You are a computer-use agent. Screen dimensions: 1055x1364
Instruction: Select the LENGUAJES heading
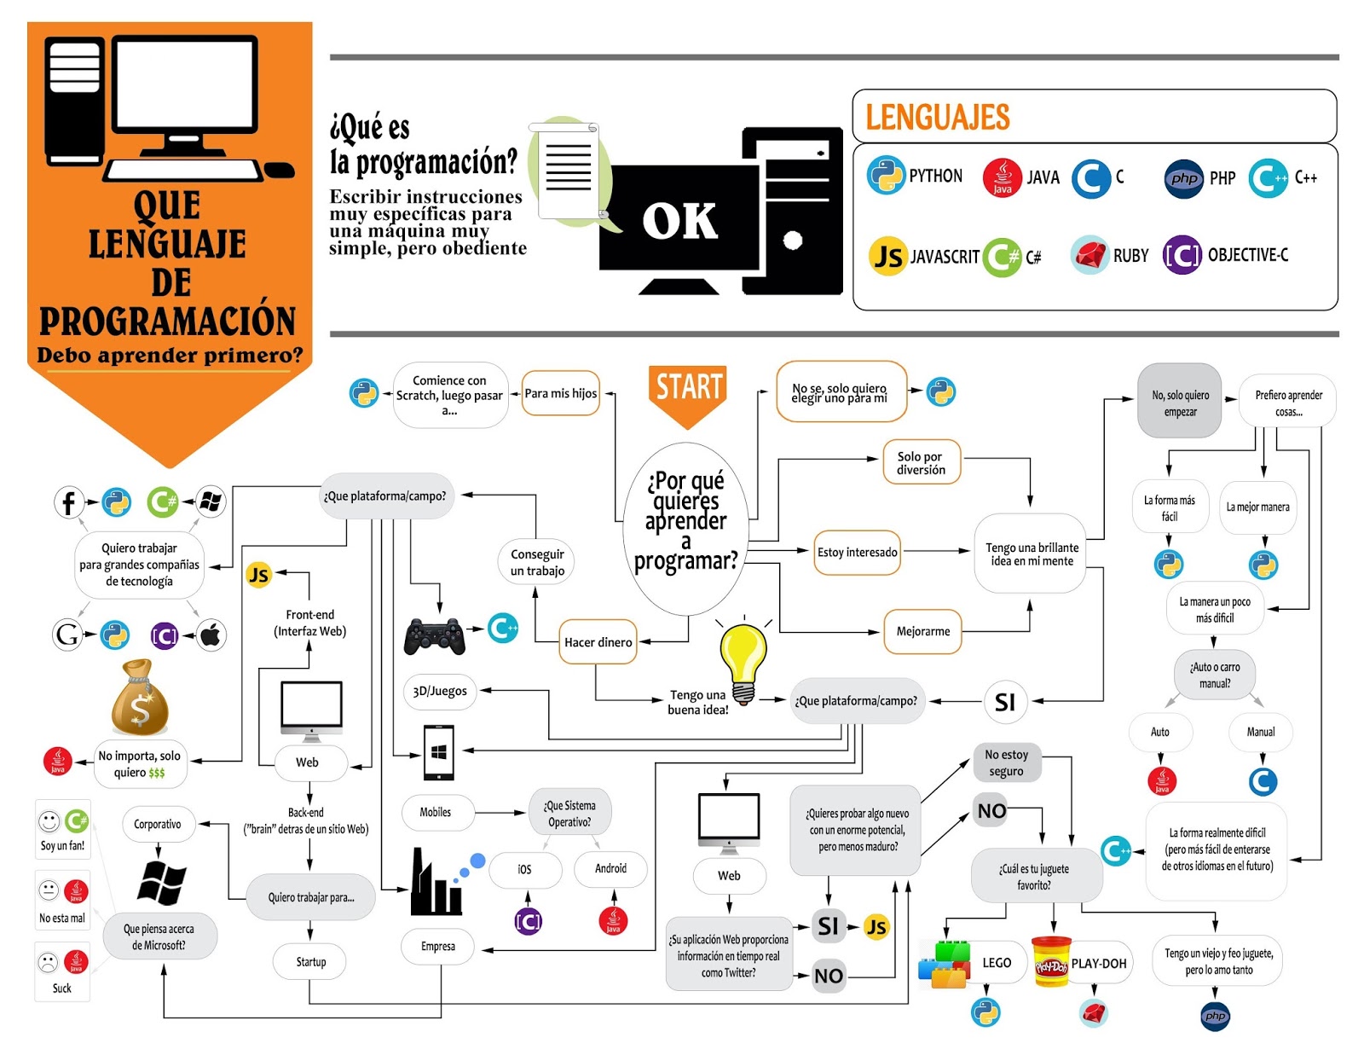[937, 117]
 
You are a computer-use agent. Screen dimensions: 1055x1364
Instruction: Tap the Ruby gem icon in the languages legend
[1089, 254]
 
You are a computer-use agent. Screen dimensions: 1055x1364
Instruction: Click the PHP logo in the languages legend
[1183, 178]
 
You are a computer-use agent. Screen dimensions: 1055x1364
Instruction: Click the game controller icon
[434, 636]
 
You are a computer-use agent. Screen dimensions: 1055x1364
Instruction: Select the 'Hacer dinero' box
[598, 642]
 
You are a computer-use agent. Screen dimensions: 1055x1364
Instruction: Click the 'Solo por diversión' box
[921, 463]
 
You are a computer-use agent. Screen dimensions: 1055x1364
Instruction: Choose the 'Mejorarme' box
[922, 631]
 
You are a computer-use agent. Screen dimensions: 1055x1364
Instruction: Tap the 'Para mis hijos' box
[560, 393]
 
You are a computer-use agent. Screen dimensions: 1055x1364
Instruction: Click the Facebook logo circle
[68, 502]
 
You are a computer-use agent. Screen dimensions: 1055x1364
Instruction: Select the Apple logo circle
[211, 635]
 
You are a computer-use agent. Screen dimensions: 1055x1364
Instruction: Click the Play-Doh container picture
[1050, 961]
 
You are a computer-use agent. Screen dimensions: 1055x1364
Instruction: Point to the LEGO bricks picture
[945, 964]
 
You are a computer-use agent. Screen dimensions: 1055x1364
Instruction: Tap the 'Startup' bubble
[310, 962]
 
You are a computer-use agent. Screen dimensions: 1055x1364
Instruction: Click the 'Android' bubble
[610, 868]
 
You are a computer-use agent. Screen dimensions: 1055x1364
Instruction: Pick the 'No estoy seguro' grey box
[1006, 762]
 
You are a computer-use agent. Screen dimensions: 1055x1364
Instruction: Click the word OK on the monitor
[679, 221]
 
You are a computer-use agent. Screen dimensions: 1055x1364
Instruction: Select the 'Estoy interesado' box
[857, 552]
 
